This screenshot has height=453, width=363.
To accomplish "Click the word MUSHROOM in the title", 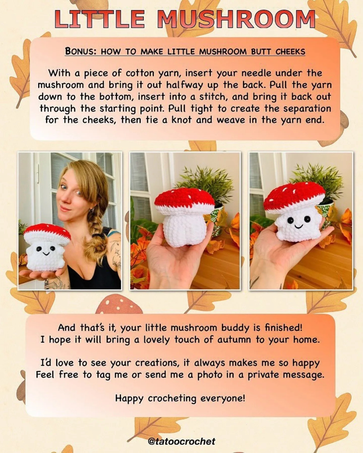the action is coord(237,19).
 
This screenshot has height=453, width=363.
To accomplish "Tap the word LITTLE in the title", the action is coord(100,19).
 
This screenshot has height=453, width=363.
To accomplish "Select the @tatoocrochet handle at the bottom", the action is coord(181,441).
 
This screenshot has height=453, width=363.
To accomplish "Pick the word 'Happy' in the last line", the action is coord(129,399).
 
